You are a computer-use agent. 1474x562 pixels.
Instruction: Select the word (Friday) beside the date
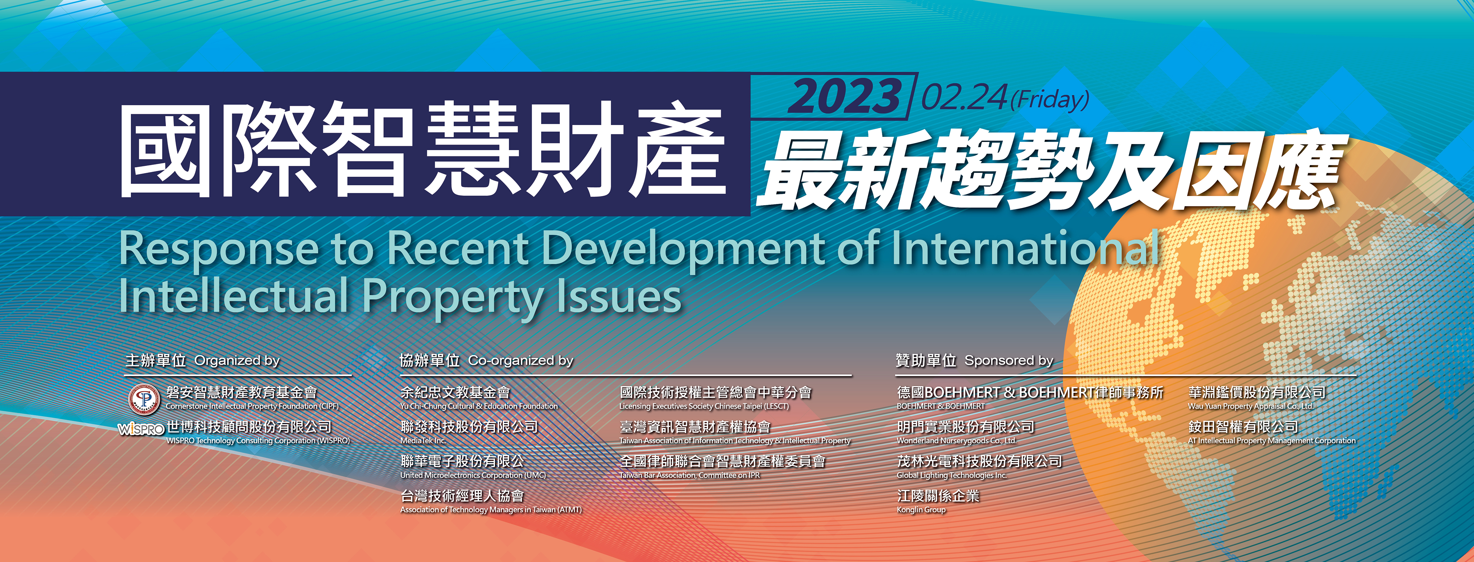(1049, 100)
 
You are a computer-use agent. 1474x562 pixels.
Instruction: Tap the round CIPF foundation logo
(144, 398)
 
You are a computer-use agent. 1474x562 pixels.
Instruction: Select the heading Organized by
(237, 361)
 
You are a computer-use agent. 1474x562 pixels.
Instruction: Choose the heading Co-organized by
(521, 361)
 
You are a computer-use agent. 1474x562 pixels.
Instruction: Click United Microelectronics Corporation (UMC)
(473, 475)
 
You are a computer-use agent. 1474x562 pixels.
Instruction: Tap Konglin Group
(921, 509)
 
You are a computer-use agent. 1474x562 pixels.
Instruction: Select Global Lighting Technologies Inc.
(951, 475)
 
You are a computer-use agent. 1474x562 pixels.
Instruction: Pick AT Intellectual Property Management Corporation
(1272, 440)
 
